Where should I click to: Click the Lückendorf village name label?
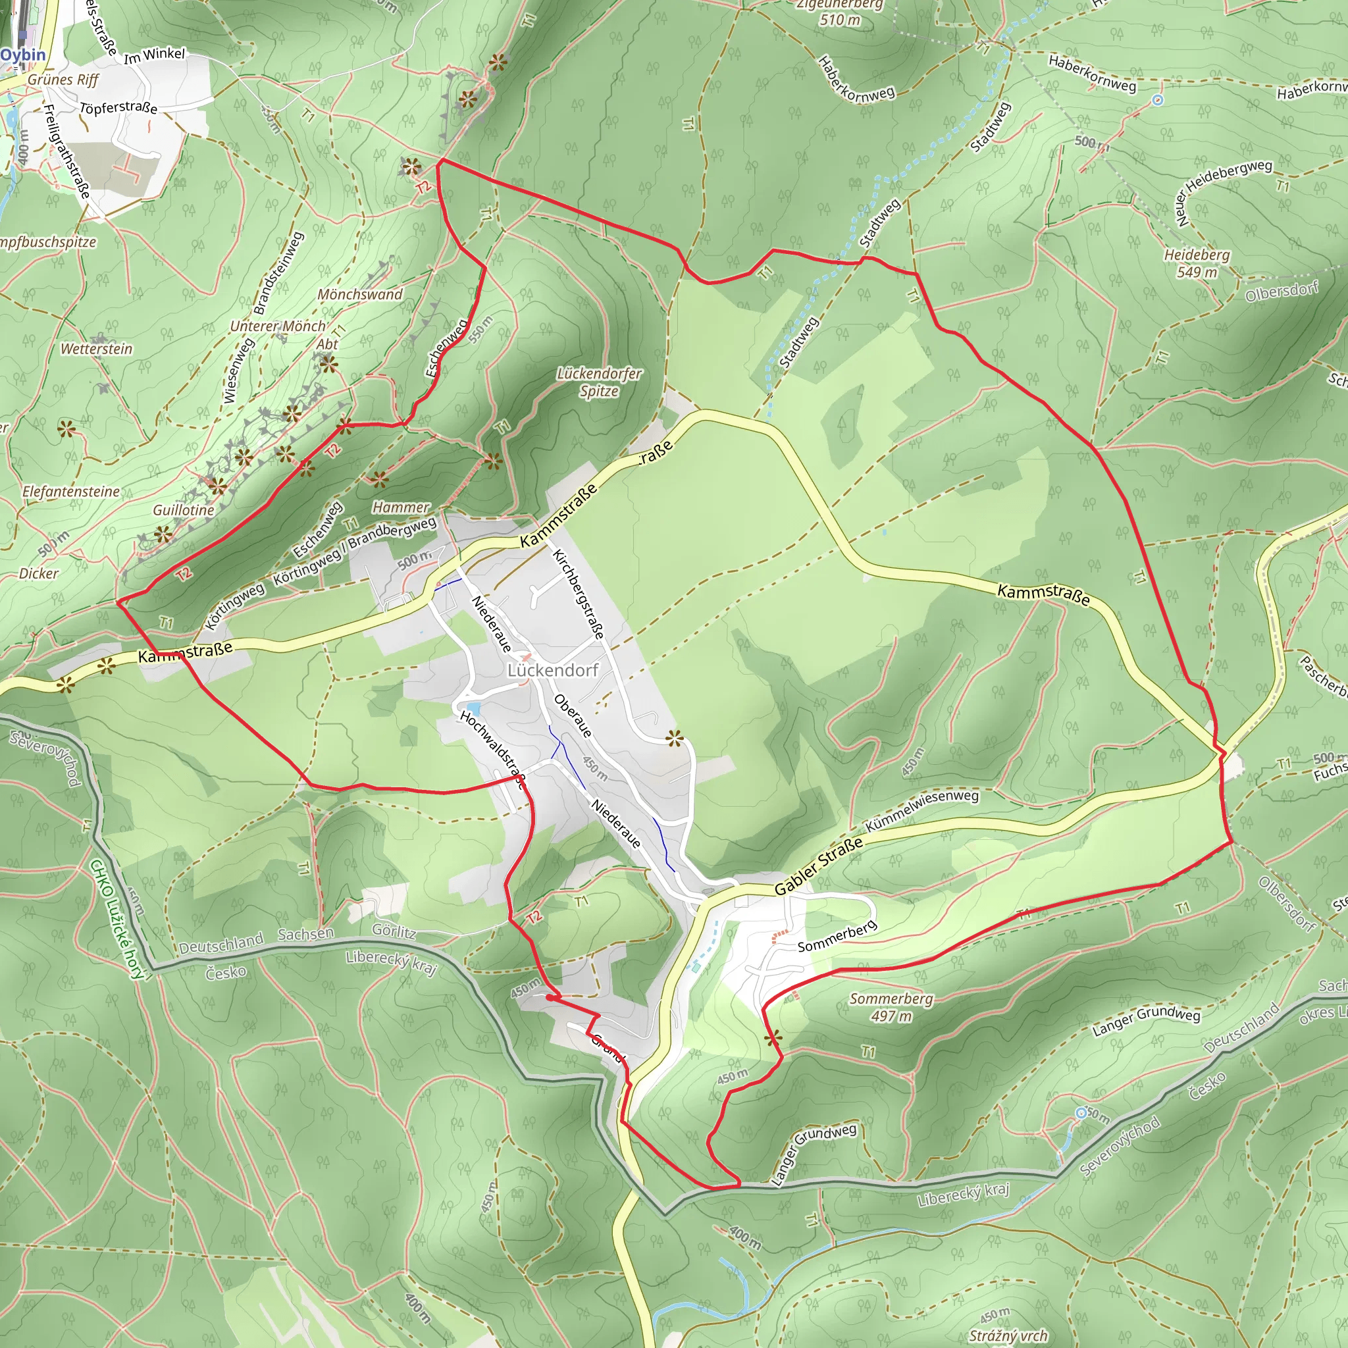553,670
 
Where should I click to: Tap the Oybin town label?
23,55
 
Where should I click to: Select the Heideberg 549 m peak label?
1196,263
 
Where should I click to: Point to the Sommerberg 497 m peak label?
891,1007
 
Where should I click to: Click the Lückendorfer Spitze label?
599,382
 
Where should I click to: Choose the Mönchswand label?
360,294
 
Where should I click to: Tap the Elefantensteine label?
71,491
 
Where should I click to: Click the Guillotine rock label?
184,510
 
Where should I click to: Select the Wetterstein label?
96,349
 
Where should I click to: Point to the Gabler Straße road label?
817,867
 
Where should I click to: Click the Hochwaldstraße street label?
492,749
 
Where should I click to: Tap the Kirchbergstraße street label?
578,594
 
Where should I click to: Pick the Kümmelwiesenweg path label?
921,810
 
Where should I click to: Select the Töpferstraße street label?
118,108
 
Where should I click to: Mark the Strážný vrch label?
1008,1335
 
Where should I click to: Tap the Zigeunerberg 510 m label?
840,13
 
